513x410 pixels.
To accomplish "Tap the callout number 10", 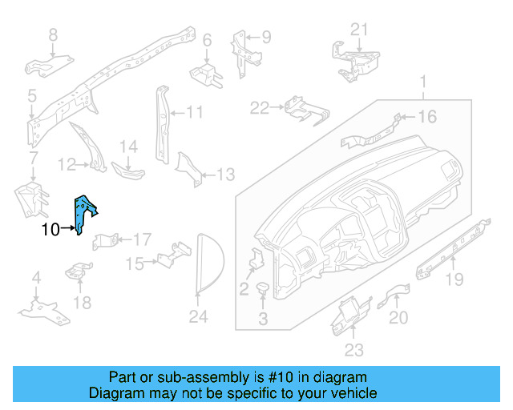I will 50,231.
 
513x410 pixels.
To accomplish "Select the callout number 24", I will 198,318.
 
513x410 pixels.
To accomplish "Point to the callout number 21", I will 360,30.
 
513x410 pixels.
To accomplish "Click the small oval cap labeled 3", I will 263,289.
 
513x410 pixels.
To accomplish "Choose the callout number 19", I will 454,279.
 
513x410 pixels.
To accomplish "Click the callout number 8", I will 54,34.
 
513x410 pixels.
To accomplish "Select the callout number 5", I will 31,96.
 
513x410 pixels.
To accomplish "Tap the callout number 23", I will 354,349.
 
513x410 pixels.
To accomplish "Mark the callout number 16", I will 426,118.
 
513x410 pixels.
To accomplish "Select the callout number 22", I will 260,107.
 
